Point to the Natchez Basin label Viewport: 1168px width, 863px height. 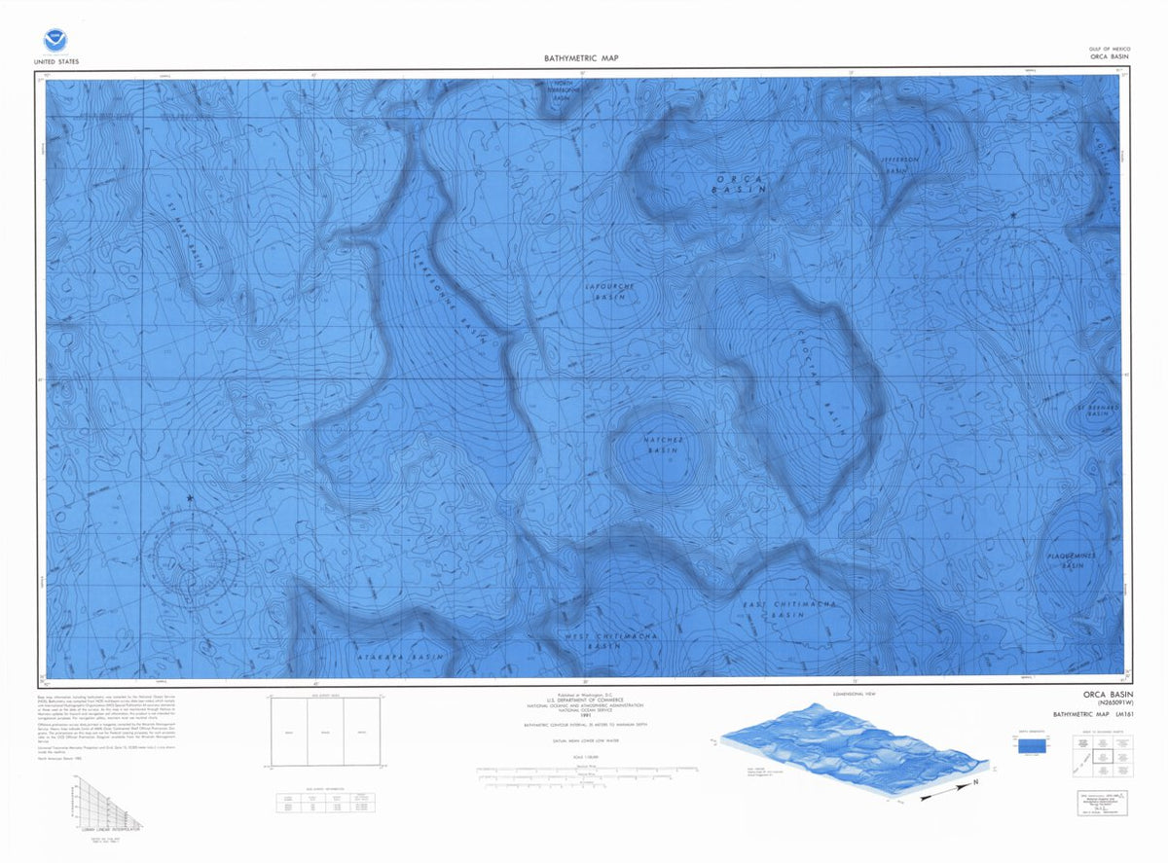[660, 446]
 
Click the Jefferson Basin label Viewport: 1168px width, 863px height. [899, 164]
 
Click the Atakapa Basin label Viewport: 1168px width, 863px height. [399, 658]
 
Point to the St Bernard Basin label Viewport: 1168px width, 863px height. [1098, 411]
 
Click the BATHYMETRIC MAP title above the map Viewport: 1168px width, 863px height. [581, 58]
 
